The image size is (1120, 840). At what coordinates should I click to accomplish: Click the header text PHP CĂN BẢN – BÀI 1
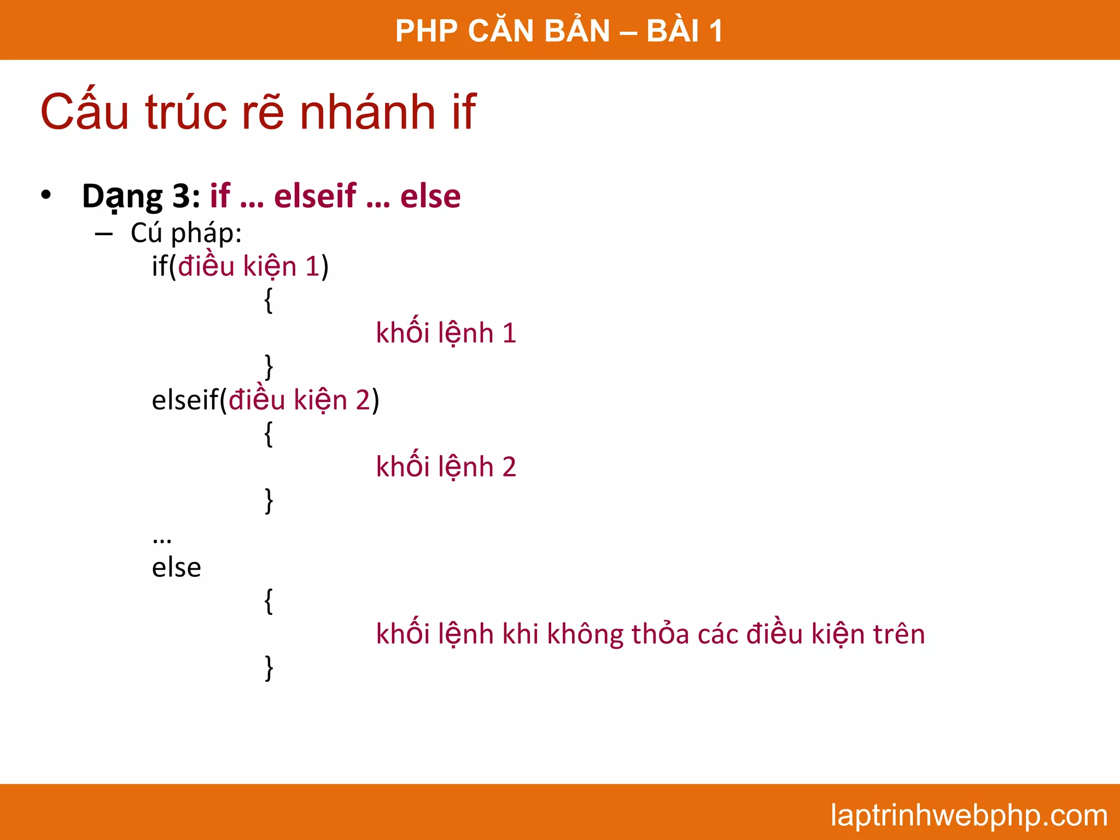click(x=559, y=31)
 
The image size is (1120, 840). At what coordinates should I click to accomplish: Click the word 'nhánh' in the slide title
click(x=367, y=113)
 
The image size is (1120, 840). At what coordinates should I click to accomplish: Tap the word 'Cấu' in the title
click(x=85, y=113)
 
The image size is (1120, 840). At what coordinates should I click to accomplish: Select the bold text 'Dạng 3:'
click(x=141, y=196)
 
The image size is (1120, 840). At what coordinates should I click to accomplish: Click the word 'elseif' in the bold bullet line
click(x=315, y=196)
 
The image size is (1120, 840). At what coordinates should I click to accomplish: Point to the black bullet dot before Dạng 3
click(x=46, y=195)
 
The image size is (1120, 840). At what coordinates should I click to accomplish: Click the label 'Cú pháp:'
click(x=186, y=233)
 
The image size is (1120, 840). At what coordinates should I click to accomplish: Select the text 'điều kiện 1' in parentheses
click(x=249, y=267)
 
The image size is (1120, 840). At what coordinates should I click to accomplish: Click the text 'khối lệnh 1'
click(x=446, y=333)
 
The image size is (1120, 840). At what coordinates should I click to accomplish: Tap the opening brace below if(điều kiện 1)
click(x=269, y=300)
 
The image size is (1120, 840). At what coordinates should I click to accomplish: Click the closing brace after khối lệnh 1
click(x=269, y=366)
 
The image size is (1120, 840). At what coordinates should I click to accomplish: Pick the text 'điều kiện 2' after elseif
click(x=299, y=400)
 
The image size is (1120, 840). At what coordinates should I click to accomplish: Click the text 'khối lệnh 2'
click(x=446, y=467)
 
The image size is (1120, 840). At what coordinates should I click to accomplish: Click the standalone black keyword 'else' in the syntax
click(x=176, y=568)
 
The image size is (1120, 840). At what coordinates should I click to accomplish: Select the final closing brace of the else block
click(x=269, y=668)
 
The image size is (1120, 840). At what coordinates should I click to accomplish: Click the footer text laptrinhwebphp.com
click(x=969, y=815)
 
